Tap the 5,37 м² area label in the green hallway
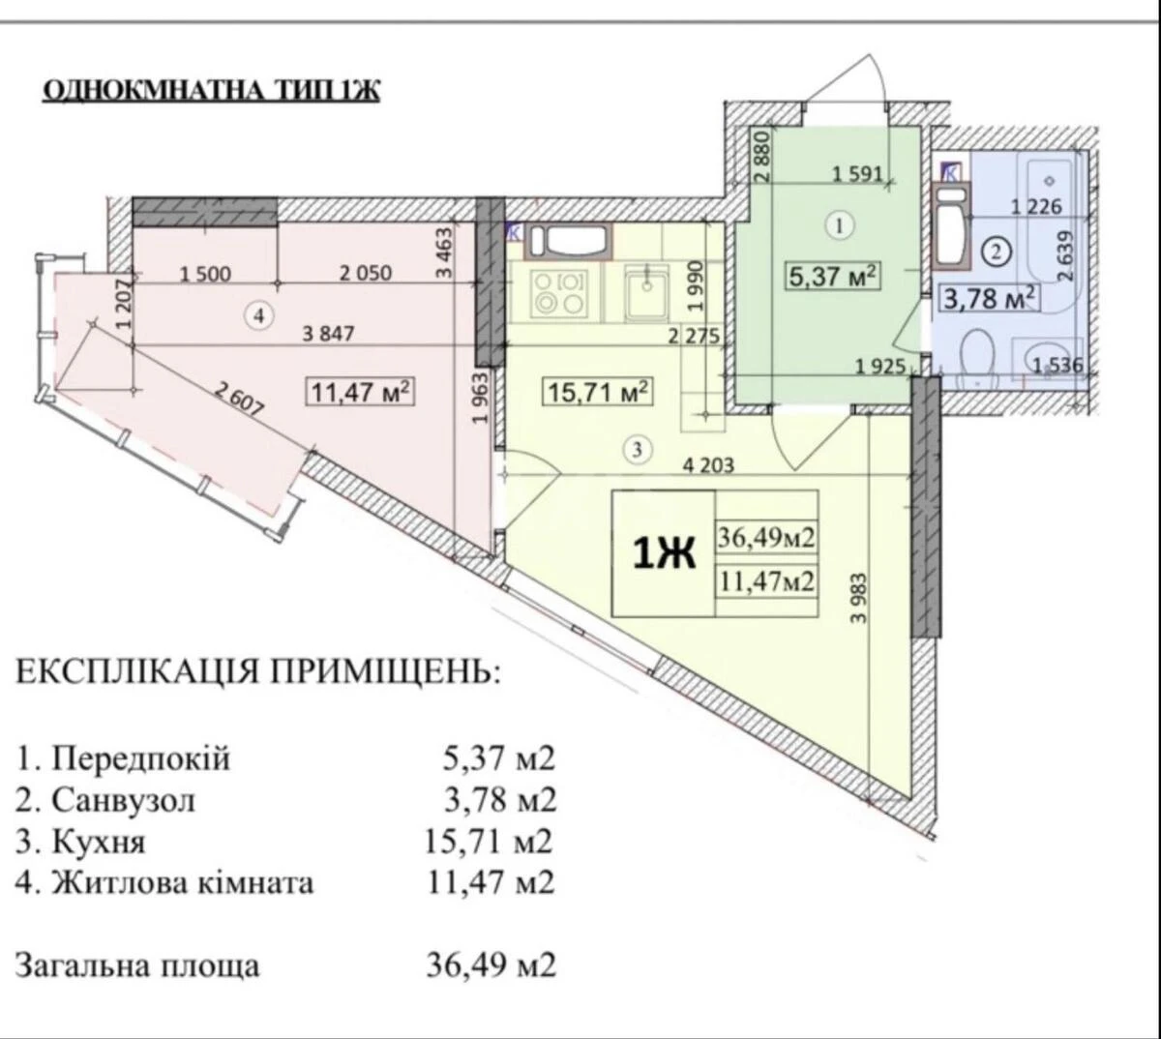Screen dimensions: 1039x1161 point(833,278)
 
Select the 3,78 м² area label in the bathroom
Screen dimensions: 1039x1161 point(990,296)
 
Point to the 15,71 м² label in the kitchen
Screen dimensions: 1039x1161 point(595,393)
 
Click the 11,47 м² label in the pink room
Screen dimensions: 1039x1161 point(361,392)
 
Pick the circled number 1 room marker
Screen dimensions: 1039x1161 point(839,225)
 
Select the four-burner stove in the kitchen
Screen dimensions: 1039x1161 point(559,293)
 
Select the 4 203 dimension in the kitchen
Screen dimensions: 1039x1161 point(708,464)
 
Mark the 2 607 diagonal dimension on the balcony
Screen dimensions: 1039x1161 point(240,400)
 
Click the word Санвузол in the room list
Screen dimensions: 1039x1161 point(123,800)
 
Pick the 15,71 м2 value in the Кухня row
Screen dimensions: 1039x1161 point(489,842)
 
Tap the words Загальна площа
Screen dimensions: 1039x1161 point(137,965)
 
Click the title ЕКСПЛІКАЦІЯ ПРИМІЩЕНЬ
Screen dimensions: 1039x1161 point(259,670)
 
